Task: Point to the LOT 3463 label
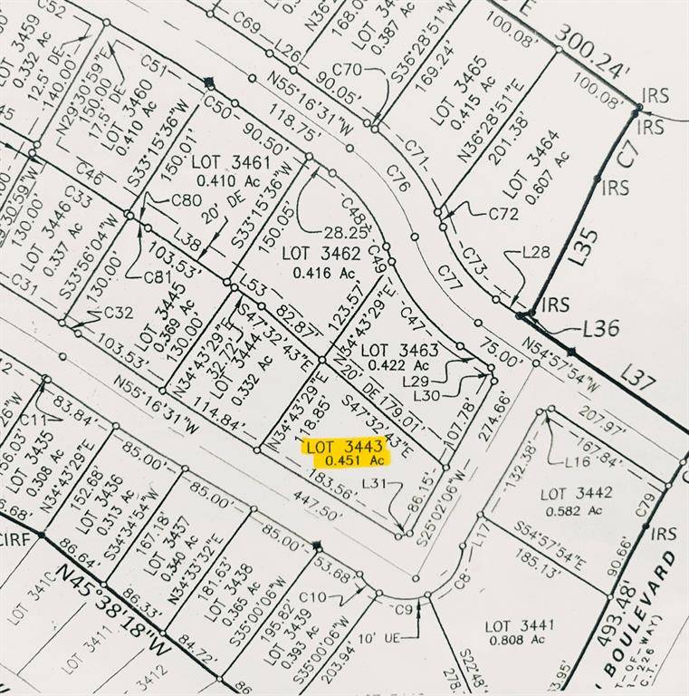coord(399,350)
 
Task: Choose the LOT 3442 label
coord(576,494)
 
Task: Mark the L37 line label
coord(638,378)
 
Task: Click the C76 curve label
coord(398,179)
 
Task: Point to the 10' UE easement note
coord(378,638)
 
